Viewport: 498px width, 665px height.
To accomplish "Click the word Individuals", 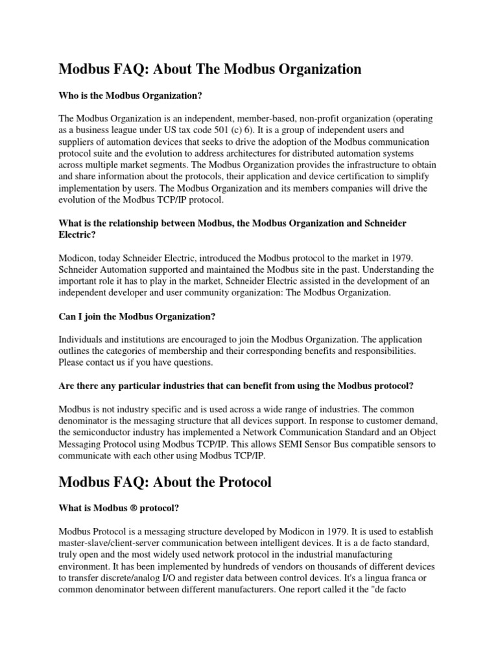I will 82,340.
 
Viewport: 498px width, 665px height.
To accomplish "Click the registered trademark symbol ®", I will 133,508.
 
